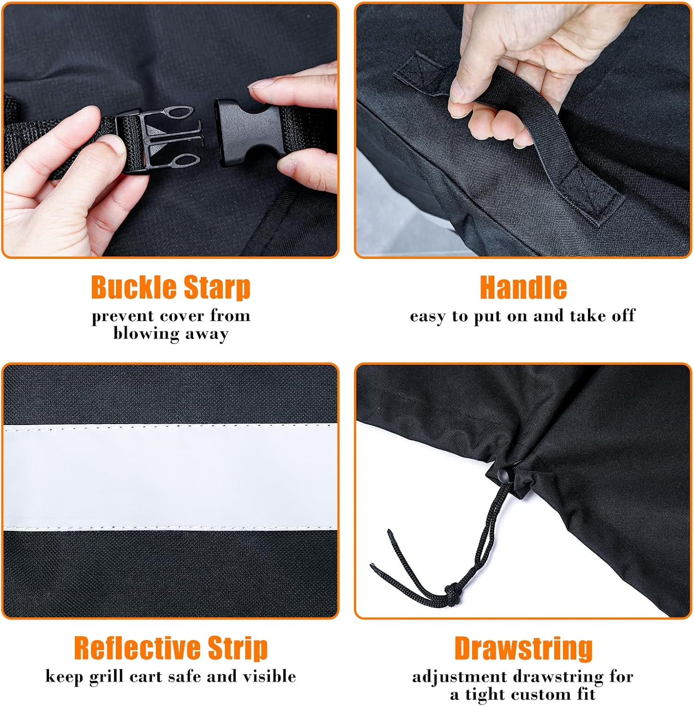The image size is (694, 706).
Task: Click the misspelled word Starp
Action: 217,288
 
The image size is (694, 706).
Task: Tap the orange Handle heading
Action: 523,287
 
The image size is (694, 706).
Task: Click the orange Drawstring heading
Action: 523,649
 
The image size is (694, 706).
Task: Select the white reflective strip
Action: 170,476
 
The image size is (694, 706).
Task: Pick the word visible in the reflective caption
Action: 269,676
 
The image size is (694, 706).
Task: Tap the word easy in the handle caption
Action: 428,316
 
